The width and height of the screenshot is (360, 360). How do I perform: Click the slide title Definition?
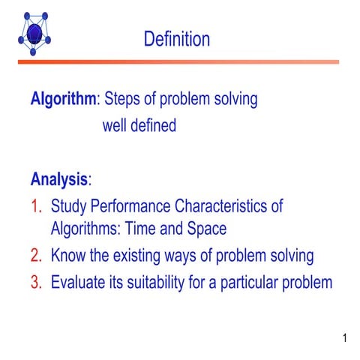point(177,39)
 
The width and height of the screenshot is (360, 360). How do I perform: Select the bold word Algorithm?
point(63,99)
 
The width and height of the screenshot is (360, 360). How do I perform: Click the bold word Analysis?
point(59,179)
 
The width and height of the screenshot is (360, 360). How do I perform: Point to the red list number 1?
point(36,205)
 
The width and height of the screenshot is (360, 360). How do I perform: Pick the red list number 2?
point(36,256)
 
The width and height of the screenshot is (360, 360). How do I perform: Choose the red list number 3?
point(36,283)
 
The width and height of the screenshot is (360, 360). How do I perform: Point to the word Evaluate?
point(81,283)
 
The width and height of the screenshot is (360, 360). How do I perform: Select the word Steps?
point(123,99)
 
